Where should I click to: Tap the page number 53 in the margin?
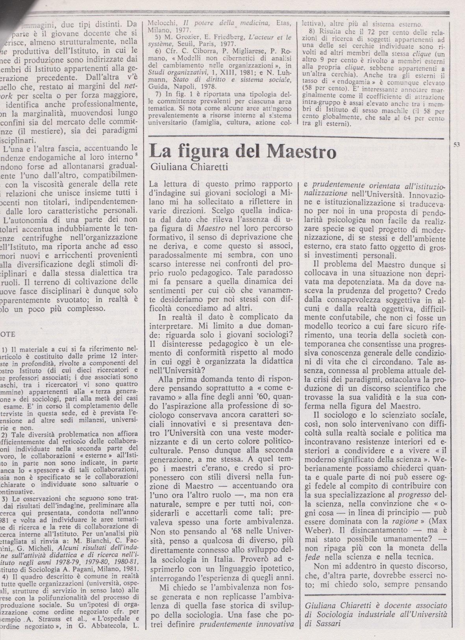click(x=457, y=145)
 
